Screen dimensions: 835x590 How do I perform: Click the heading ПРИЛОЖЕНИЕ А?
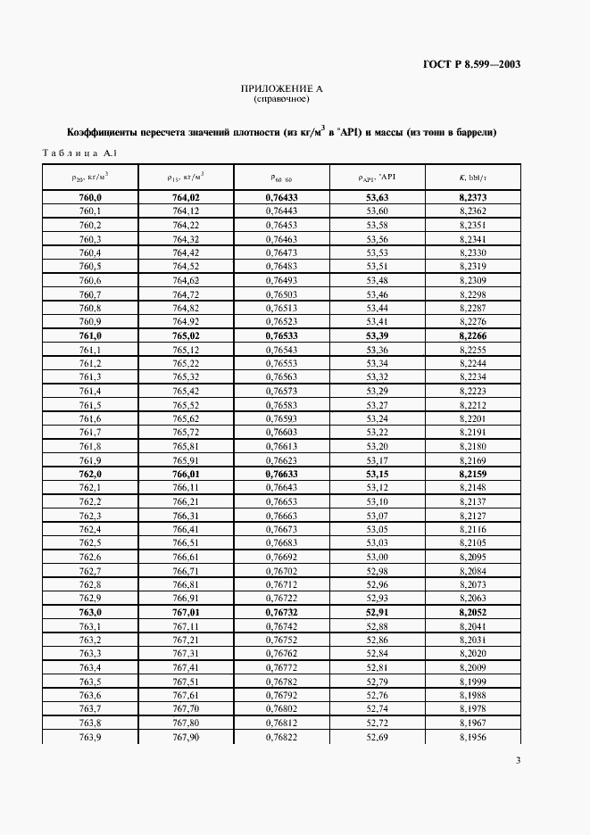click(281, 89)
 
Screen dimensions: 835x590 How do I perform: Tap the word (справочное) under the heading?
click(281, 99)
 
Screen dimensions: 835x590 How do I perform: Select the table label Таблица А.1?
click(79, 153)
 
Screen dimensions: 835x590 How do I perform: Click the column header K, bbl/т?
click(473, 177)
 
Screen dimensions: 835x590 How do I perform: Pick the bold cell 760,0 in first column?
click(90, 196)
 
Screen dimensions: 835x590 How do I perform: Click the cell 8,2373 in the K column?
click(473, 196)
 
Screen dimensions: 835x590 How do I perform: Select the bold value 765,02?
click(186, 335)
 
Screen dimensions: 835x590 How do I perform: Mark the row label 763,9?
click(90, 736)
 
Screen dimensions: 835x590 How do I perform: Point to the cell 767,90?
click(186, 736)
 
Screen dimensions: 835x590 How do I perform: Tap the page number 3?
click(519, 760)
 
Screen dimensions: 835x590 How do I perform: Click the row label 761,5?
click(90, 405)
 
